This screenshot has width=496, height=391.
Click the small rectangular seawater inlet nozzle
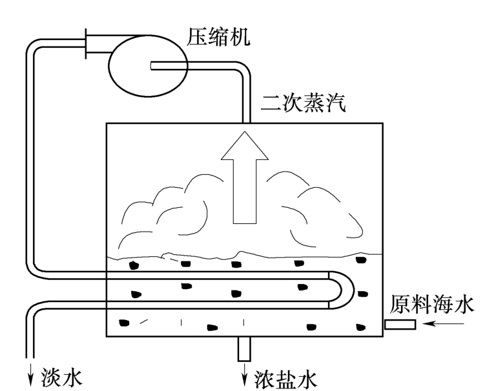(x=400, y=324)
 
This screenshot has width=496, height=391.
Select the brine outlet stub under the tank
(x=244, y=348)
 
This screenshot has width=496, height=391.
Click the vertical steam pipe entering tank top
(x=245, y=103)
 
